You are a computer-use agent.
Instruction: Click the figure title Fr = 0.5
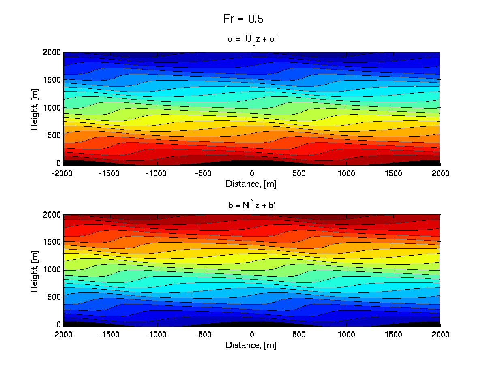(x=244, y=19)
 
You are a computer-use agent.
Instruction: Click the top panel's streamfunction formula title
(x=252, y=40)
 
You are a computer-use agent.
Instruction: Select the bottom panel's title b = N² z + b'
(x=252, y=205)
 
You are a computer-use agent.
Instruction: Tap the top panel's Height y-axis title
(x=35, y=107)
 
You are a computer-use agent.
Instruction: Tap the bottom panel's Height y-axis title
(x=35, y=269)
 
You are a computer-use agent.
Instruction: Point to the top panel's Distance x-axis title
(x=252, y=184)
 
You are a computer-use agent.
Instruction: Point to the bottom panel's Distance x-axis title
(x=252, y=345)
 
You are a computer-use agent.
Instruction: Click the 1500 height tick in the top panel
(x=53, y=80)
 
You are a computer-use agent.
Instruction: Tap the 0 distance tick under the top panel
(x=252, y=173)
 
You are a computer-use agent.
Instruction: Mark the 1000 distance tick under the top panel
(x=346, y=173)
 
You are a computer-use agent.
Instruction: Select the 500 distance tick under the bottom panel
(x=299, y=335)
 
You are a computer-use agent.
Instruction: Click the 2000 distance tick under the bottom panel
(x=440, y=335)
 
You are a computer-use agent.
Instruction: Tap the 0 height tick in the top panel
(x=59, y=163)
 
